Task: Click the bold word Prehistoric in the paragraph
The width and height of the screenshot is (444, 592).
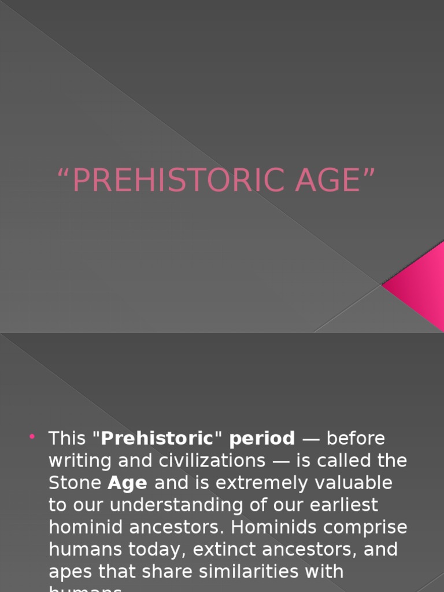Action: pyautogui.click(x=157, y=438)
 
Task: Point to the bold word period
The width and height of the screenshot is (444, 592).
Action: pyautogui.click(x=262, y=439)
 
